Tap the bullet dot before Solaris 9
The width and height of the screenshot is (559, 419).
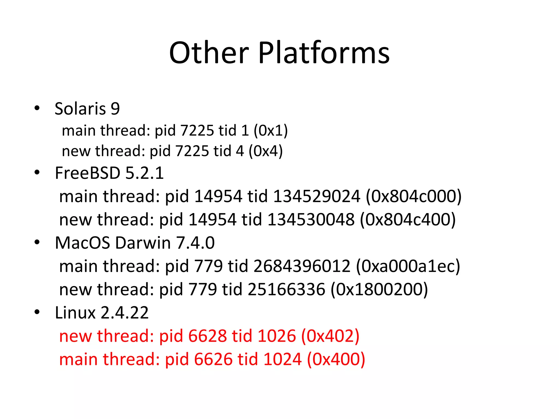(x=37, y=108)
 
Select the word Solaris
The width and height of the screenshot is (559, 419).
(x=80, y=109)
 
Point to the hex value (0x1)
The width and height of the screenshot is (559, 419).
(x=270, y=130)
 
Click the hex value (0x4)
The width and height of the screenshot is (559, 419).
(x=265, y=151)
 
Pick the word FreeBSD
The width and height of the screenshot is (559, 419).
(x=88, y=173)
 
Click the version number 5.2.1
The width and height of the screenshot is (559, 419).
(x=144, y=173)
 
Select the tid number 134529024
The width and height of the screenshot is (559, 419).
(x=316, y=196)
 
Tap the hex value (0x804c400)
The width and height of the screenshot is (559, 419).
(x=408, y=219)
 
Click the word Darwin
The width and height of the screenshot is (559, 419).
(x=143, y=243)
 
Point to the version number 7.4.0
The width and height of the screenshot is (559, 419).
(x=195, y=243)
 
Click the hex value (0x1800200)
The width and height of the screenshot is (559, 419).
(x=379, y=289)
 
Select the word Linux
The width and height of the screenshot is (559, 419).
(x=75, y=313)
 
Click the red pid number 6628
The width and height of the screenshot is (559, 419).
(x=207, y=336)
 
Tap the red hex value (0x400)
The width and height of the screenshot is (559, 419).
(x=336, y=359)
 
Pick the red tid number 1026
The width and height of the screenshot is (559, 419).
(x=276, y=336)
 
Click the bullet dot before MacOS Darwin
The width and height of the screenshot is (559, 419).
(x=37, y=242)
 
